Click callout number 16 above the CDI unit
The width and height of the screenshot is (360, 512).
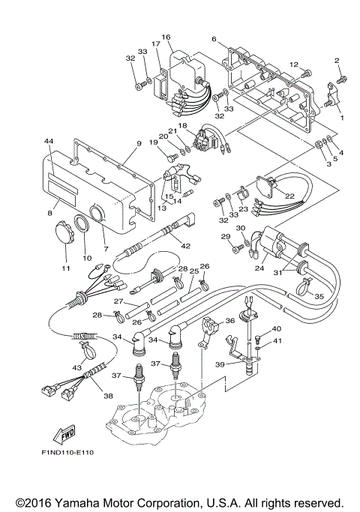(x=166, y=37)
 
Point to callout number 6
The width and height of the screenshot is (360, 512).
(x=214, y=39)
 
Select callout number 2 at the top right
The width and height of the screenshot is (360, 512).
(x=337, y=60)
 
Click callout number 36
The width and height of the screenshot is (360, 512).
(x=230, y=320)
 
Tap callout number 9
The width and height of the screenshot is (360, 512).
(x=138, y=143)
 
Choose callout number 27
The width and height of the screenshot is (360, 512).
(x=118, y=301)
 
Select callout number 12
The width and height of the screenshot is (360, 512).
(x=295, y=64)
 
